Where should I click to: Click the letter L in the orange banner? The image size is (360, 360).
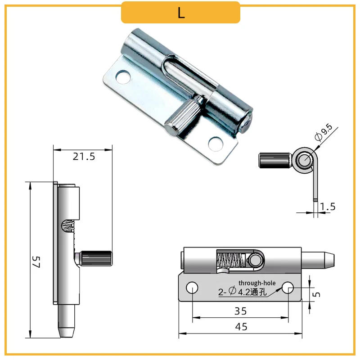pyautogui.click(x=181, y=13)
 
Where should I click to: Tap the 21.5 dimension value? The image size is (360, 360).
pyautogui.click(x=84, y=157)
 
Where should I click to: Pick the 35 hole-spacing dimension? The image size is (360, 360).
pyautogui.click(x=241, y=311)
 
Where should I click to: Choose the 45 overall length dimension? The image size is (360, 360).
pyautogui.click(x=241, y=327)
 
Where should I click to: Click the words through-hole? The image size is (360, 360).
pyautogui.click(x=257, y=283)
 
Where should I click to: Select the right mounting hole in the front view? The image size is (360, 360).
pyautogui.click(x=288, y=287)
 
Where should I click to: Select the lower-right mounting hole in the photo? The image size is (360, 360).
pyautogui.click(x=215, y=144)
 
